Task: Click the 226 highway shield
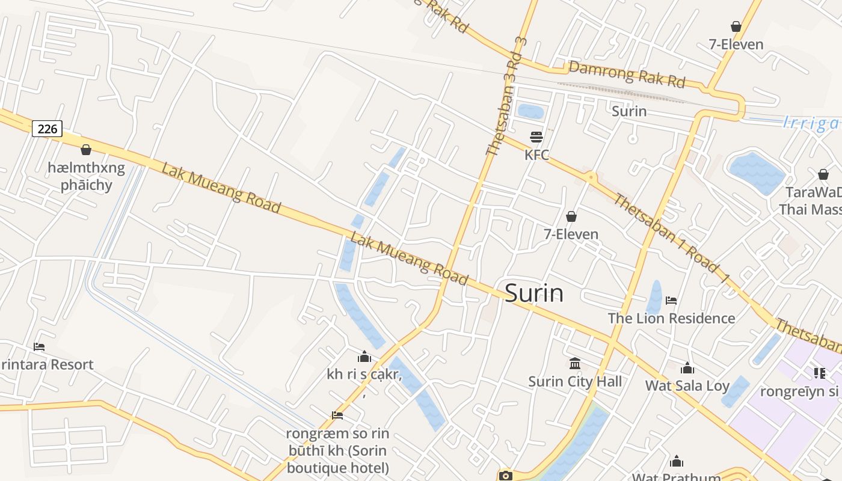click(x=47, y=129)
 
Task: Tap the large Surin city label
click(x=534, y=293)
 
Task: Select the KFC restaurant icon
click(x=536, y=137)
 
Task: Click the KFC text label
click(x=536, y=155)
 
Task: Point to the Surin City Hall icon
click(x=575, y=364)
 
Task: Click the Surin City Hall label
click(x=575, y=382)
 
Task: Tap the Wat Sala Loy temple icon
click(x=687, y=369)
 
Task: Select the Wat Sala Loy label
click(x=687, y=386)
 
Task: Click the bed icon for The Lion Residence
click(x=672, y=301)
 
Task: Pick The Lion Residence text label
click(x=671, y=318)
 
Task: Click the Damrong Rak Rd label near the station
click(x=627, y=74)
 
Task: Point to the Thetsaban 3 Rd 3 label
click(x=506, y=96)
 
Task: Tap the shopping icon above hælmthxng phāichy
click(x=86, y=150)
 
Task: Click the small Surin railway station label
click(x=629, y=111)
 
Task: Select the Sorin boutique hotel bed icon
click(x=337, y=415)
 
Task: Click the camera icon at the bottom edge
click(x=506, y=476)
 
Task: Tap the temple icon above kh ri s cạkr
click(x=364, y=357)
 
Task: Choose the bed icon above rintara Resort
click(x=39, y=347)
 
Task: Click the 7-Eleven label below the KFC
click(x=571, y=234)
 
